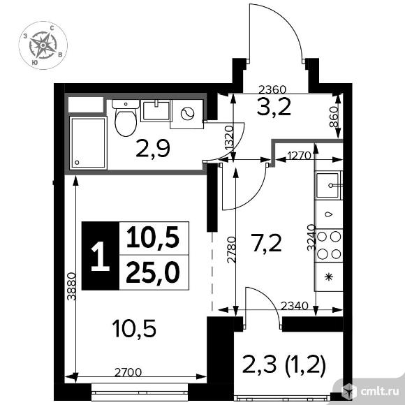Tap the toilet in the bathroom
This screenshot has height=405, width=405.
click(x=126, y=118)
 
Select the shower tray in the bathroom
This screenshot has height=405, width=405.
click(x=88, y=142)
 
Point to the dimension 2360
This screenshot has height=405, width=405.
click(x=272, y=89)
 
